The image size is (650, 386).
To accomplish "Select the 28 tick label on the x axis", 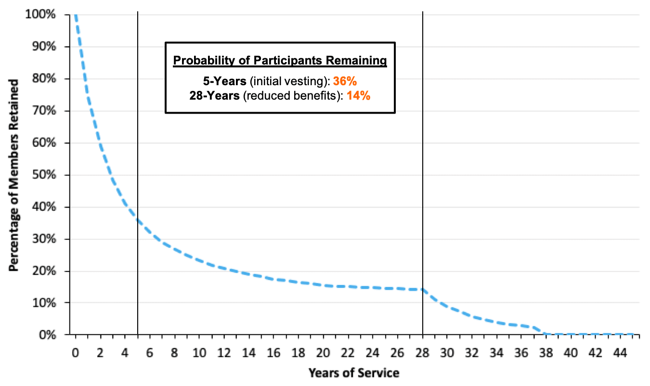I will point(423,352).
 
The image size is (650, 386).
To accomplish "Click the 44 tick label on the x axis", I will point(621,352).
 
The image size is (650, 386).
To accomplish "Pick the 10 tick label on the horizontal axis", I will point(199,352).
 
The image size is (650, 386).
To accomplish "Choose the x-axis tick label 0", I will point(76,352).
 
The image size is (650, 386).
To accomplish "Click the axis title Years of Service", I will point(354,373).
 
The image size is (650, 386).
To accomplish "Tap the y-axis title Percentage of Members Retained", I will point(14,175).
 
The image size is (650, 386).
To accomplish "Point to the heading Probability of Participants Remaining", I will point(280,61).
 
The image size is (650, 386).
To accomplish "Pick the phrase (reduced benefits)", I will point(292,96).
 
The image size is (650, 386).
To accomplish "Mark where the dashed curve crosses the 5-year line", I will point(138,220).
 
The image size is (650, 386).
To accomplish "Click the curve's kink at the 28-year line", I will point(423,289).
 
